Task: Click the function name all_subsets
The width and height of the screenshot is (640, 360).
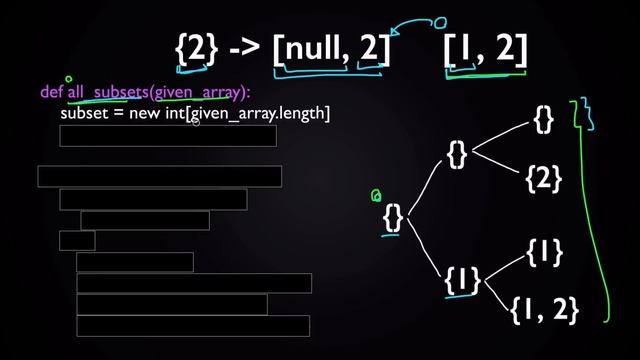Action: (106, 93)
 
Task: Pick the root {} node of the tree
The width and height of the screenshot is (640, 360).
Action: (393, 216)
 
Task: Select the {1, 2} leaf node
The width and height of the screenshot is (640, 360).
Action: (545, 310)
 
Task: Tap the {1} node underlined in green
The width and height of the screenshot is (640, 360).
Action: (462, 280)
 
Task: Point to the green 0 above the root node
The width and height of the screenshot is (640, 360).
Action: (376, 196)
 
